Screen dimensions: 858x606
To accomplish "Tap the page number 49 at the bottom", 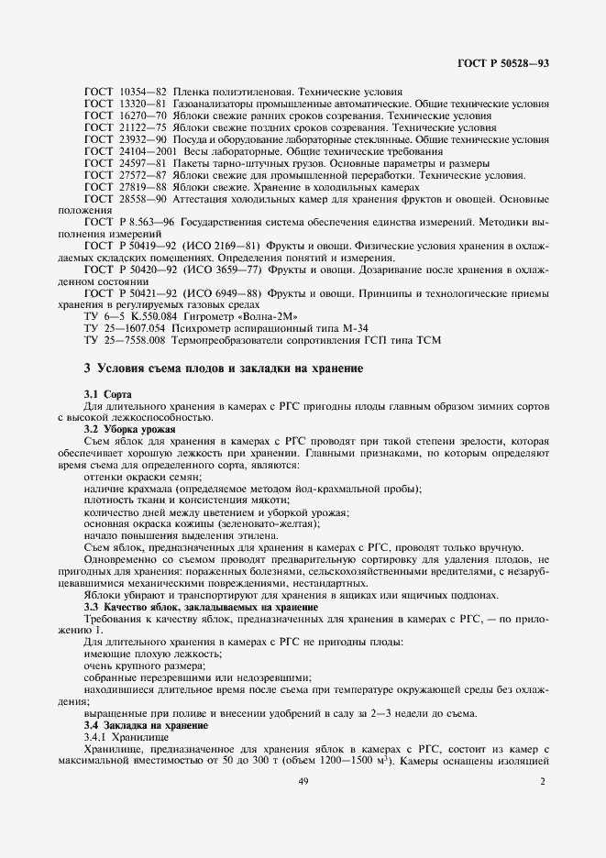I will tap(303, 782).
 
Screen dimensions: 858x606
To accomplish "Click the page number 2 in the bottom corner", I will tap(543, 782).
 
